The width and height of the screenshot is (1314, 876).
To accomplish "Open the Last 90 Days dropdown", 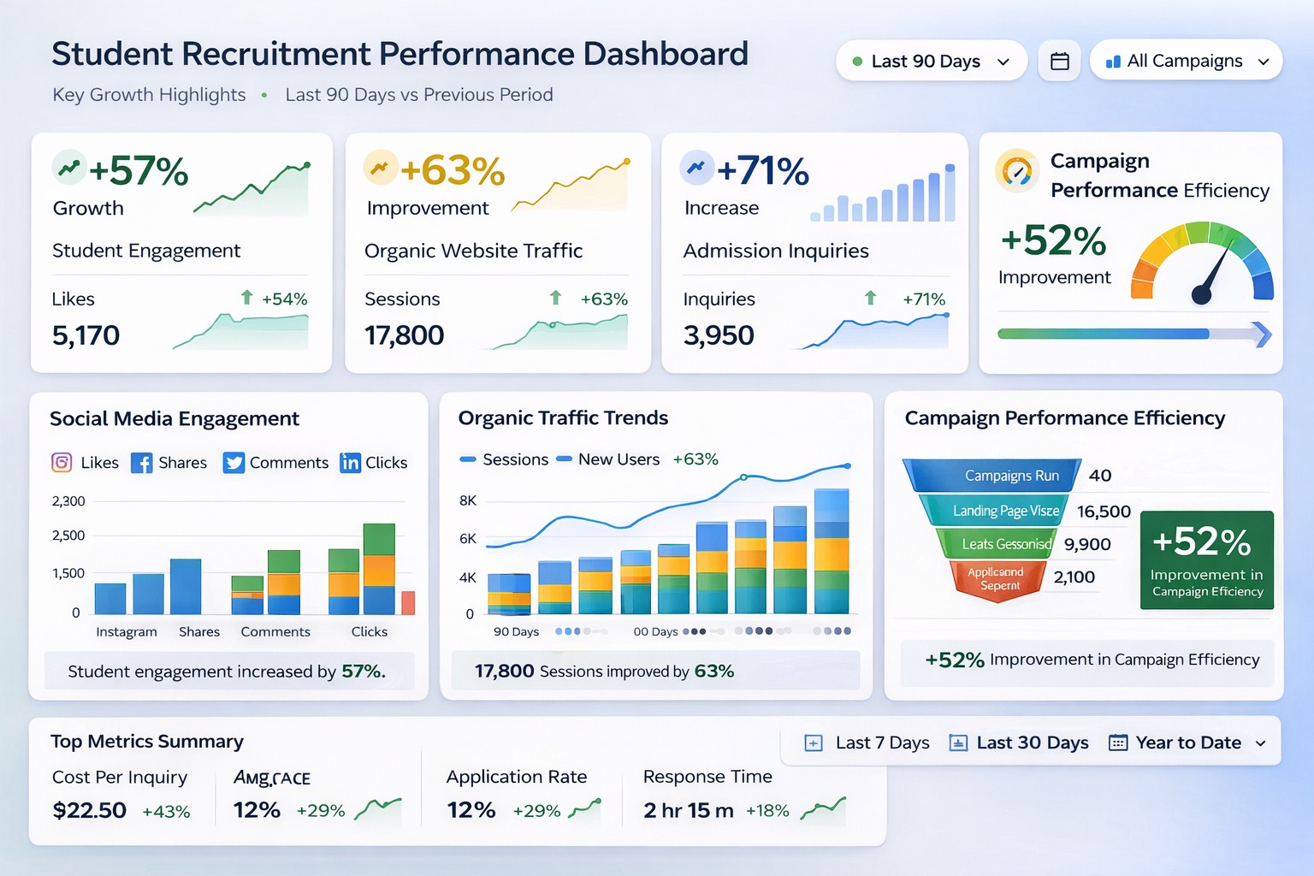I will [931, 62].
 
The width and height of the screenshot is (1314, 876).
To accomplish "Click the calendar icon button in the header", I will [1059, 62].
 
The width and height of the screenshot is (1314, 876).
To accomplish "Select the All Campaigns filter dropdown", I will [1186, 62].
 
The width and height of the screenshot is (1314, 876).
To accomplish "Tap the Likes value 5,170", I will [86, 335].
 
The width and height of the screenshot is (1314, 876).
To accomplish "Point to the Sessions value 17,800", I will [405, 335].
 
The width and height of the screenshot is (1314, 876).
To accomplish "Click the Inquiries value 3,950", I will [719, 335].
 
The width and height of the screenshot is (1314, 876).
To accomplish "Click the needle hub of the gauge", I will [1201, 296].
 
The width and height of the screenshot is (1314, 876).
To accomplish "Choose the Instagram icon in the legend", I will [62, 463].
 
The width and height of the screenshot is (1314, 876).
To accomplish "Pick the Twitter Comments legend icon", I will [234, 463].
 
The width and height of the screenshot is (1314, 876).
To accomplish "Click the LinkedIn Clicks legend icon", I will [350, 463].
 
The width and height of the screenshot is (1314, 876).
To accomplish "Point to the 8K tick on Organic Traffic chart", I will [468, 500].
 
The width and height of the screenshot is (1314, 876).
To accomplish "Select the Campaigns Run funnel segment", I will [992, 476].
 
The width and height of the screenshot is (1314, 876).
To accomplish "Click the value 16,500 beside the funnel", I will [1104, 512].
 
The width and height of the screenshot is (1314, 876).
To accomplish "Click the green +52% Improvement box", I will [1206, 559].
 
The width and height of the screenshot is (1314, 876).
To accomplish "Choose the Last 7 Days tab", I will [867, 743].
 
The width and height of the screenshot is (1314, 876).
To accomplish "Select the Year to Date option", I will [1187, 743].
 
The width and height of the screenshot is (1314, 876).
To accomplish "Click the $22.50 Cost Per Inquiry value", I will [89, 810].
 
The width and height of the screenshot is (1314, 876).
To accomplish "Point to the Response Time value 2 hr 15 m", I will [688, 810].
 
